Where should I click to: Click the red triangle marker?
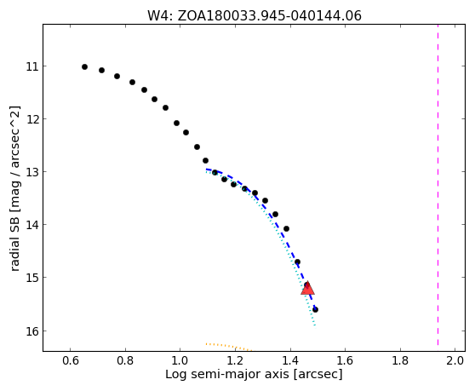point(308,288)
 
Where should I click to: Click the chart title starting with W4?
point(255,16)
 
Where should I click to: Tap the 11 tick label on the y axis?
point(32,66)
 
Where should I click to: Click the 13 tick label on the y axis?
point(32,172)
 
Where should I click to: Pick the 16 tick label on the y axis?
point(32,331)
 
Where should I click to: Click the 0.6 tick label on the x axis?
point(71,360)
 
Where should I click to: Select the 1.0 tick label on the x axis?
point(180,360)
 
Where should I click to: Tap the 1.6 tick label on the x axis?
point(346,360)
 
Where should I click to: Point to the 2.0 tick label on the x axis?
point(455,360)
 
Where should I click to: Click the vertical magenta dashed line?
point(438,185)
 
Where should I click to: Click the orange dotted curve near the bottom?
point(229,346)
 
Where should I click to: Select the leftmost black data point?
point(85,66)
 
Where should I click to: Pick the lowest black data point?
point(315,309)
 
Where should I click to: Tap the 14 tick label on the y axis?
point(32,225)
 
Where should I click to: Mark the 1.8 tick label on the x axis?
point(400,360)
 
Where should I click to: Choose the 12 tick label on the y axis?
point(32,119)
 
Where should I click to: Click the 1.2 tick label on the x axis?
point(236,360)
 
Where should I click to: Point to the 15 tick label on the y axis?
point(32,278)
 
